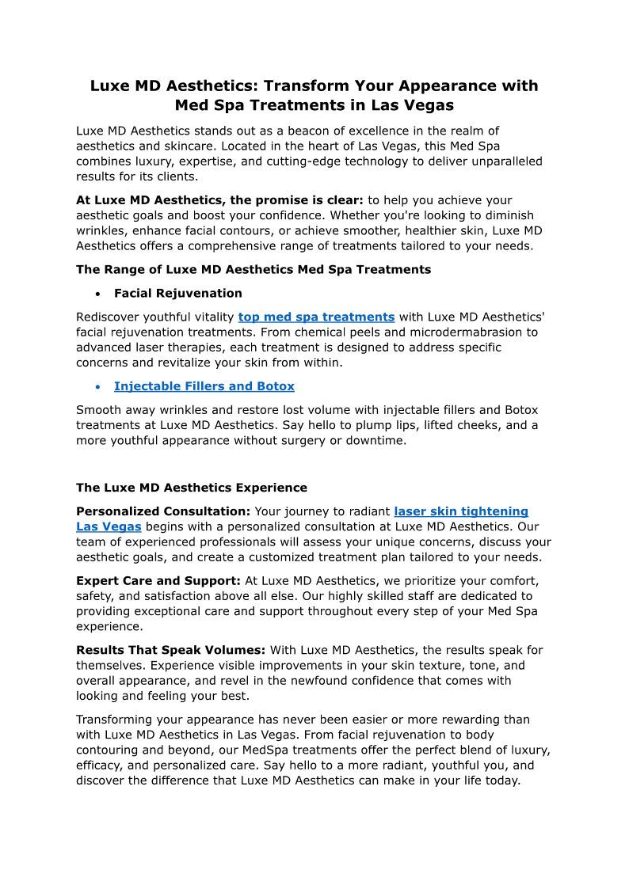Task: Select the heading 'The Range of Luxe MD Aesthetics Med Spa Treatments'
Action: pos(254,270)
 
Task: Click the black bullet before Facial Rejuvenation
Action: pos(97,294)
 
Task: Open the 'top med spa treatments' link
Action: pos(316,317)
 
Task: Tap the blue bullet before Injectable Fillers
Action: pos(97,387)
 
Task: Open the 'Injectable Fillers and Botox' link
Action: pos(204,387)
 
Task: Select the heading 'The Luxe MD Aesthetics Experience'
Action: pos(192,488)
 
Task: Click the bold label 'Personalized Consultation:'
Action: pos(163,512)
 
